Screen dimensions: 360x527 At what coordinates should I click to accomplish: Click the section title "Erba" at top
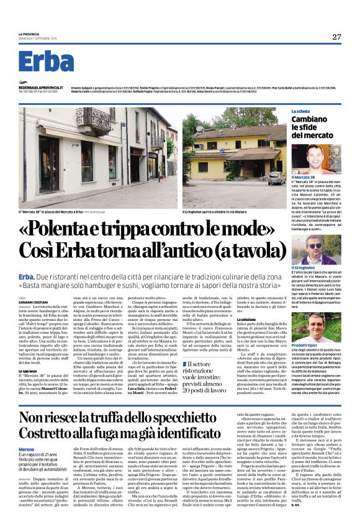[46, 62]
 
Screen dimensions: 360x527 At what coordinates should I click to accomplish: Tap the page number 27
[336, 36]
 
